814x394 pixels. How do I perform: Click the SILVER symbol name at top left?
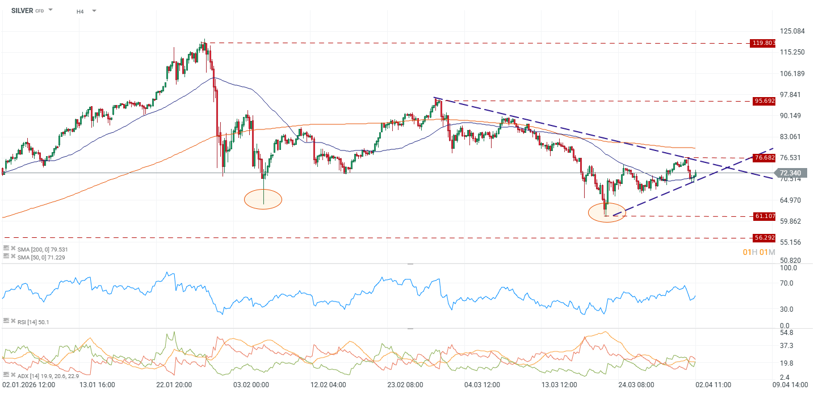(x=22, y=10)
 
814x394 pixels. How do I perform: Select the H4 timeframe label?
(x=81, y=11)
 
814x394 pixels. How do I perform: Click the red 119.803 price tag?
(x=763, y=43)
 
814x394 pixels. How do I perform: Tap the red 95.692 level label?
(x=763, y=101)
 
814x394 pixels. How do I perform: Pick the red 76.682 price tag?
(x=763, y=157)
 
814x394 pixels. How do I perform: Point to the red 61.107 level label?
(x=763, y=216)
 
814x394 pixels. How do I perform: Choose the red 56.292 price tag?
(x=763, y=237)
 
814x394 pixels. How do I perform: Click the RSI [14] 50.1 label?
(x=33, y=322)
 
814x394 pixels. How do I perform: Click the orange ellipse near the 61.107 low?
(x=607, y=212)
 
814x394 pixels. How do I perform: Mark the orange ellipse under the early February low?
(x=263, y=199)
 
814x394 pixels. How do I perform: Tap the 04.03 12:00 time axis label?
(x=482, y=385)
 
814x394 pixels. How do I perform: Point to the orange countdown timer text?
(x=758, y=252)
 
